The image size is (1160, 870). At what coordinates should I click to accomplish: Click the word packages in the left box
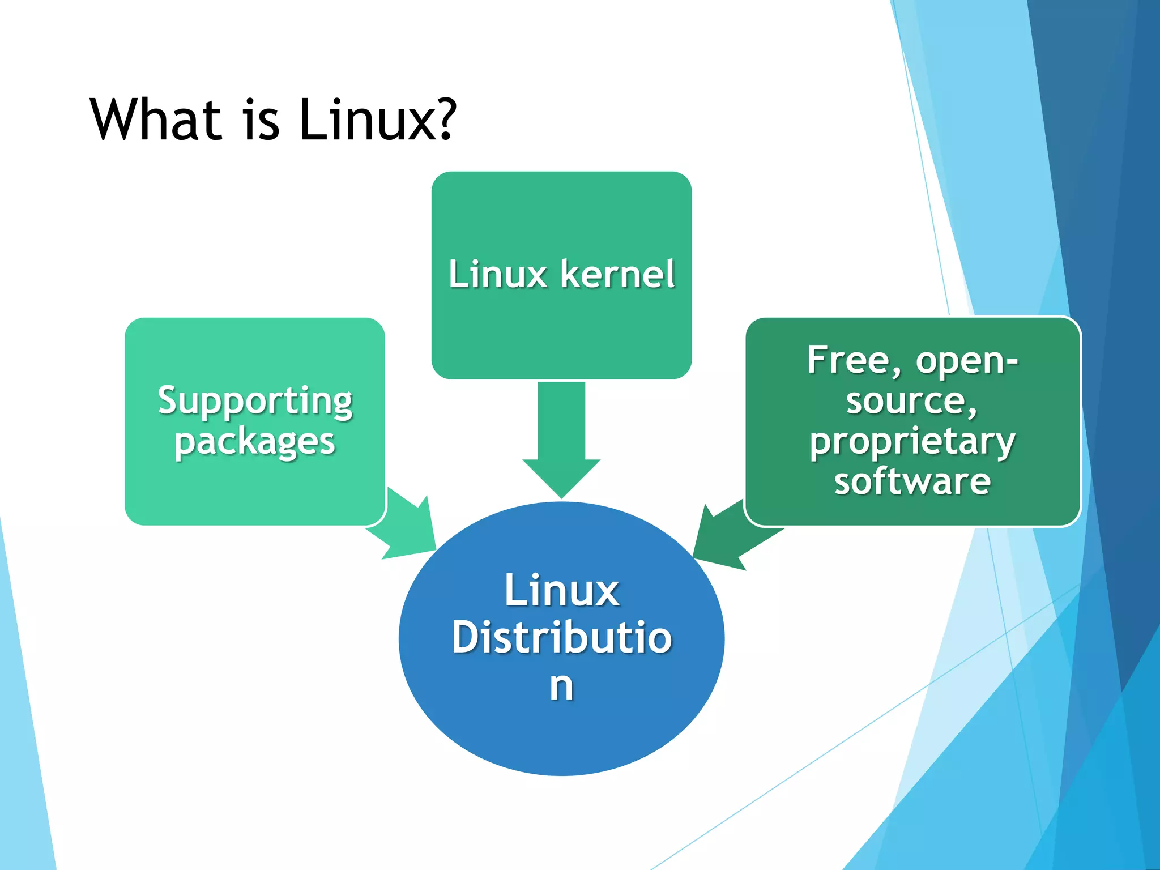point(255,442)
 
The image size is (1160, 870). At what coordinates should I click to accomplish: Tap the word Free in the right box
point(848,360)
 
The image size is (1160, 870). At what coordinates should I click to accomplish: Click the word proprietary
point(912,442)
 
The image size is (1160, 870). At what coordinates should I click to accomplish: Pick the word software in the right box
point(912,481)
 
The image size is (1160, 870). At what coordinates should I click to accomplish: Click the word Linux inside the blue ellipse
point(562,590)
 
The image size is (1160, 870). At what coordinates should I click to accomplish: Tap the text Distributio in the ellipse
point(562,638)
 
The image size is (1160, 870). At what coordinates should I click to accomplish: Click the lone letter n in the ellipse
point(561,686)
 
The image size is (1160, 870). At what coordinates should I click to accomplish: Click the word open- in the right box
point(967,361)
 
